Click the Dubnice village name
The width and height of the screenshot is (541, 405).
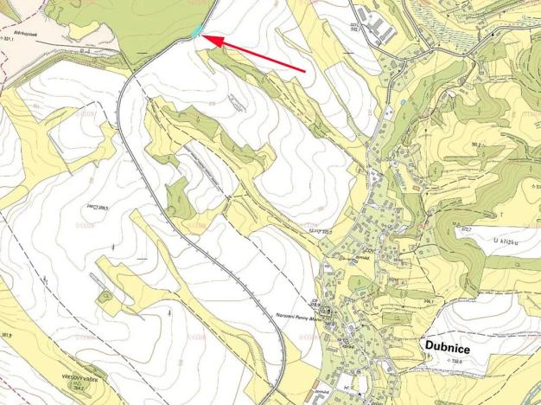[448, 344]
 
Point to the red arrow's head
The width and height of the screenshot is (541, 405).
[208, 38]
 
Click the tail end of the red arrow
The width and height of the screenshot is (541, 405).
[306, 70]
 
